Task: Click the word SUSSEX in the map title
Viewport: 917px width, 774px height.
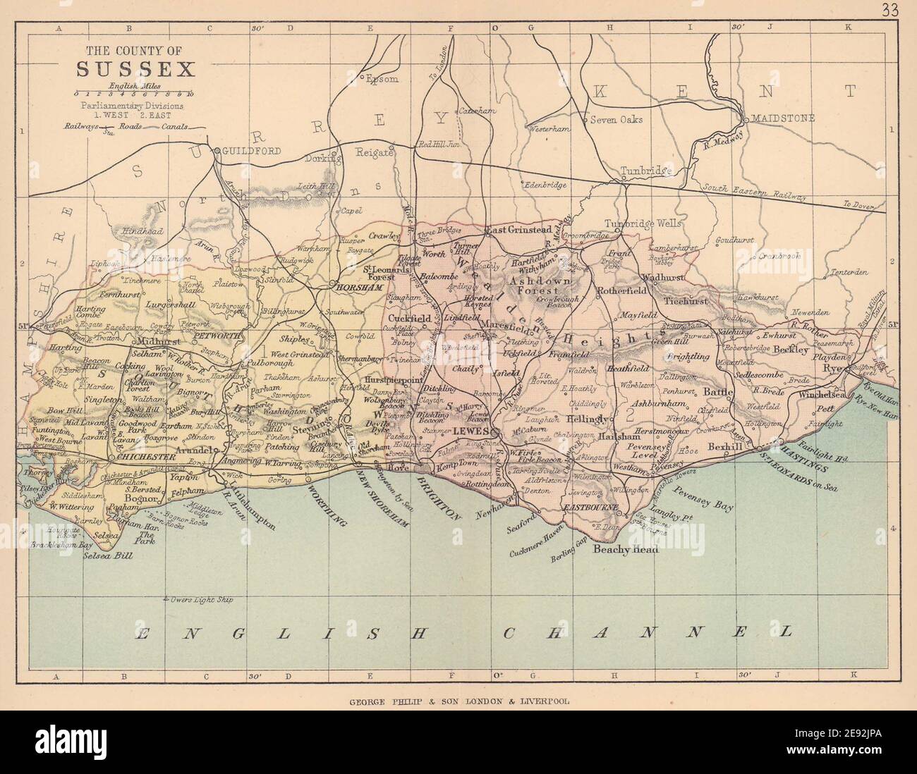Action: pos(134,70)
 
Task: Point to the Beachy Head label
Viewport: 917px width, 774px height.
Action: pos(624,550)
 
